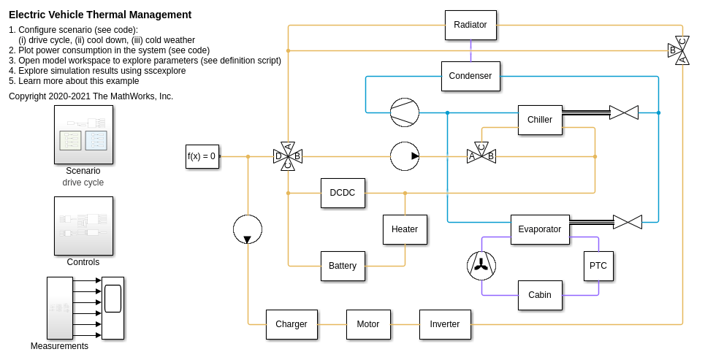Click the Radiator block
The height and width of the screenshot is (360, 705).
470,25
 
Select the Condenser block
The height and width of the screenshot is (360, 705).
470,76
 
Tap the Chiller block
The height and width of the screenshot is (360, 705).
540,120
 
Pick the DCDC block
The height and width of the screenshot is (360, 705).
343,193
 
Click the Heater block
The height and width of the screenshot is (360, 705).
405,229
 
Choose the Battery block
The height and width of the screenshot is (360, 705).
343,266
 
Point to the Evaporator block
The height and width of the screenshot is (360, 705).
540,229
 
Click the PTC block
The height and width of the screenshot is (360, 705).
598,266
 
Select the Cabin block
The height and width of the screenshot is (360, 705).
540,295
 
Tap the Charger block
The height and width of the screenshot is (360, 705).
291,324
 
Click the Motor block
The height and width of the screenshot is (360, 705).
368,324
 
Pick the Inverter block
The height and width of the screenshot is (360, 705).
445,324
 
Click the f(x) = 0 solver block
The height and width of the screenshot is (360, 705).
202,156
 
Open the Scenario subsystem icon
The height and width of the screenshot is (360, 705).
83,134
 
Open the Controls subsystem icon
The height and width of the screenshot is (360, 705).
83,226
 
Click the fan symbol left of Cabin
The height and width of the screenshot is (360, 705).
481,266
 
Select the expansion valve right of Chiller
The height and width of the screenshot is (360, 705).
624,112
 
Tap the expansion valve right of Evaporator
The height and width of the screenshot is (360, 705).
628,222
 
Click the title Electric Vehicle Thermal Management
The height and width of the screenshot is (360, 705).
100,15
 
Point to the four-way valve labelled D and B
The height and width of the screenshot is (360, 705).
288,156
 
